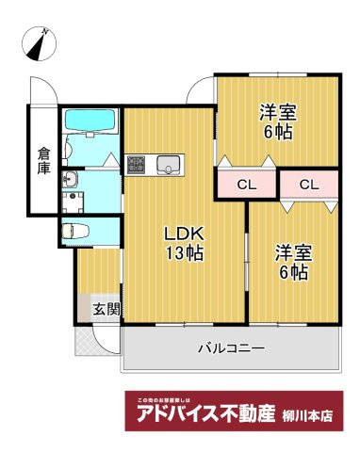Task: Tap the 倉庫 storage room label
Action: tap(43, 159)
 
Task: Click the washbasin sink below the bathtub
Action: tap(72, 180)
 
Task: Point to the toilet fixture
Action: tap(77, 231)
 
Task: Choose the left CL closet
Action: tap(243, 185)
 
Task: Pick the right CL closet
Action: tap(309, 185)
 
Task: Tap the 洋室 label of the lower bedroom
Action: tap(292, 252)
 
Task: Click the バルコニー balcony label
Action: tap(231, 348)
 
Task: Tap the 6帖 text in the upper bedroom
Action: tap(278, 132)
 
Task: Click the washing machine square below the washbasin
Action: tap(73, 200)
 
